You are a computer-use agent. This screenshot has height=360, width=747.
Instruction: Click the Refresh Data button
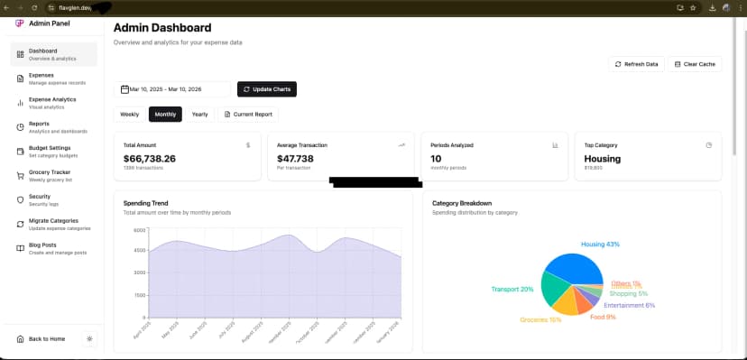pos(637,64)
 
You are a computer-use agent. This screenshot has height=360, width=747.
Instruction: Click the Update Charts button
pos(267,89)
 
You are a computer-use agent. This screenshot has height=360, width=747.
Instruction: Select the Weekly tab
pos(129,115)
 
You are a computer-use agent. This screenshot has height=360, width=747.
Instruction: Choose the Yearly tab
pos(199,115)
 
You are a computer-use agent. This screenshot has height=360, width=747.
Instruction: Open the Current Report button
pos(248,115)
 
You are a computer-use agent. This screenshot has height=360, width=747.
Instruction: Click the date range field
pos(173,89)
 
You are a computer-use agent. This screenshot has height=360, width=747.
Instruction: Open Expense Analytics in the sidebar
pos(52,103)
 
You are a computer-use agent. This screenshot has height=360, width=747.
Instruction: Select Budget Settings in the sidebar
pos(50,151)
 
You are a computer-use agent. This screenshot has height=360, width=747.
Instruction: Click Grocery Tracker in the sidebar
pos(51,175)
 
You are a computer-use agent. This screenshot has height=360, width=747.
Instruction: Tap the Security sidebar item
pos(40,199)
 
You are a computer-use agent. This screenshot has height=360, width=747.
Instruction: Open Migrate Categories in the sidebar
pos(54,224)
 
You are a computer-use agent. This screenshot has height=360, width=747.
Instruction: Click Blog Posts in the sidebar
pos(42,248)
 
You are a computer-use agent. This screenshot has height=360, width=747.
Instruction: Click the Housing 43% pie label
pos(600,245)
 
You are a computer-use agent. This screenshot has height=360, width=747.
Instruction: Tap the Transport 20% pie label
pos(512,290)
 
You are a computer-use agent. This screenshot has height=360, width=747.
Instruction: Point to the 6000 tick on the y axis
pos(139,230)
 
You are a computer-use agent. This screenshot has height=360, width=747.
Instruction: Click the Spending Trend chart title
pos(146,203)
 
